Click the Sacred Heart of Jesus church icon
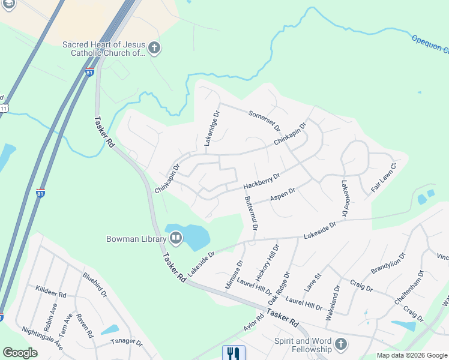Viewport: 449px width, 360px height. click(x=154, y=47)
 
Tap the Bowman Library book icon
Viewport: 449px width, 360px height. click(x=176, y=239)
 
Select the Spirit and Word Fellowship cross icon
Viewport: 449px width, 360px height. click(x=341, y=344)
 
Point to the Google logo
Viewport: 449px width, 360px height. click(x=20, y=353)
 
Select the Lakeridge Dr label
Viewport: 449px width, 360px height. click(x=208, y=127)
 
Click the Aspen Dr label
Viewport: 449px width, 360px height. click(x=282, y=195)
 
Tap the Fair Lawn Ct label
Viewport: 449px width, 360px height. click(x=384, y=177)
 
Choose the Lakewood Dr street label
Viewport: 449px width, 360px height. click(x=345, y=198)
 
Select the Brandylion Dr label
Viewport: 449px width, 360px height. click(x=389, y=263)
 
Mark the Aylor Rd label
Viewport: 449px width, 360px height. click(x=254, y=323)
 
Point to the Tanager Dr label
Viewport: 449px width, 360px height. click(x=126, y=343)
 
